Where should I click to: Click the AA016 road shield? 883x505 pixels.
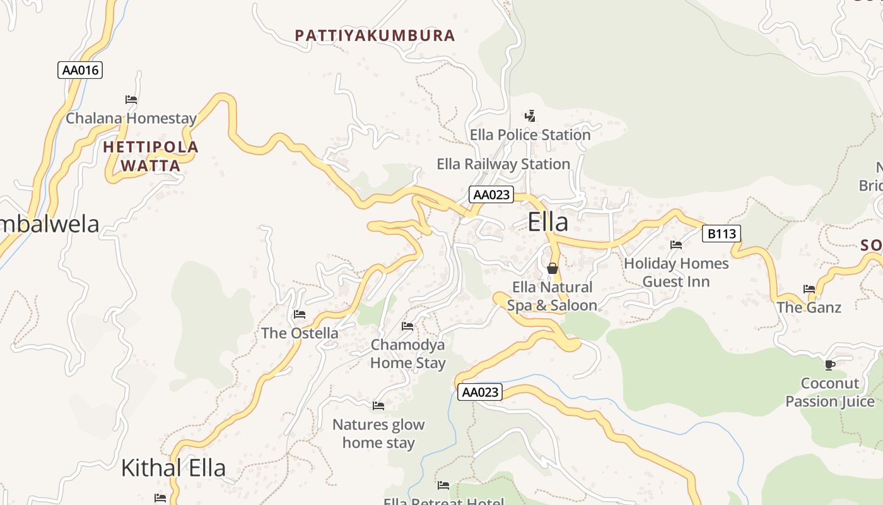tap(80, 70)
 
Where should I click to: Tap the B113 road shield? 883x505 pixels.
tap(722, 234)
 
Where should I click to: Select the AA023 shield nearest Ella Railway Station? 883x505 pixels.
tap(491, 194)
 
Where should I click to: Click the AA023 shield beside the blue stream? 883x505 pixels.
tap(480, 392)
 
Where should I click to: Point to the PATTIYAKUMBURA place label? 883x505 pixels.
tap(375, 35)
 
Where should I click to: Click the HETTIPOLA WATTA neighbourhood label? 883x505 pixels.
tap(151, 157)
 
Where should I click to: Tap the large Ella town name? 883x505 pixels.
tap(547, 222)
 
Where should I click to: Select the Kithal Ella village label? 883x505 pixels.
tap(173, 468)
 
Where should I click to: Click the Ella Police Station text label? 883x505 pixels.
tap(530, 135)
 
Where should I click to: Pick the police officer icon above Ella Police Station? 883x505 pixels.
tap(530, 116)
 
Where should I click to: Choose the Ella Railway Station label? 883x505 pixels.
tap(503, 164)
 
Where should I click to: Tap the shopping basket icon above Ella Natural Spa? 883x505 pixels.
tap(553, 268)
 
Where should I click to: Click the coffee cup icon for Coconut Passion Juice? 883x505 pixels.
tap(830, 365)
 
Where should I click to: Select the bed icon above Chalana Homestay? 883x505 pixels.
tap(131, 100)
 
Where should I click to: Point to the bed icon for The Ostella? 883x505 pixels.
tap(300, 314)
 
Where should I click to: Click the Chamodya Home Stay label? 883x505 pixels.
tap(407, 353)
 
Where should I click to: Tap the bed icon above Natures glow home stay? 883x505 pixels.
tap(378, 406)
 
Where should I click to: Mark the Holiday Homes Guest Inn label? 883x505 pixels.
tap(676, 272)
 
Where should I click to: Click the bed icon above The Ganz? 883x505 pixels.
tap(809, 289)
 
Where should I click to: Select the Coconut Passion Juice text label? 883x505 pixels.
tap(829, 392)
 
